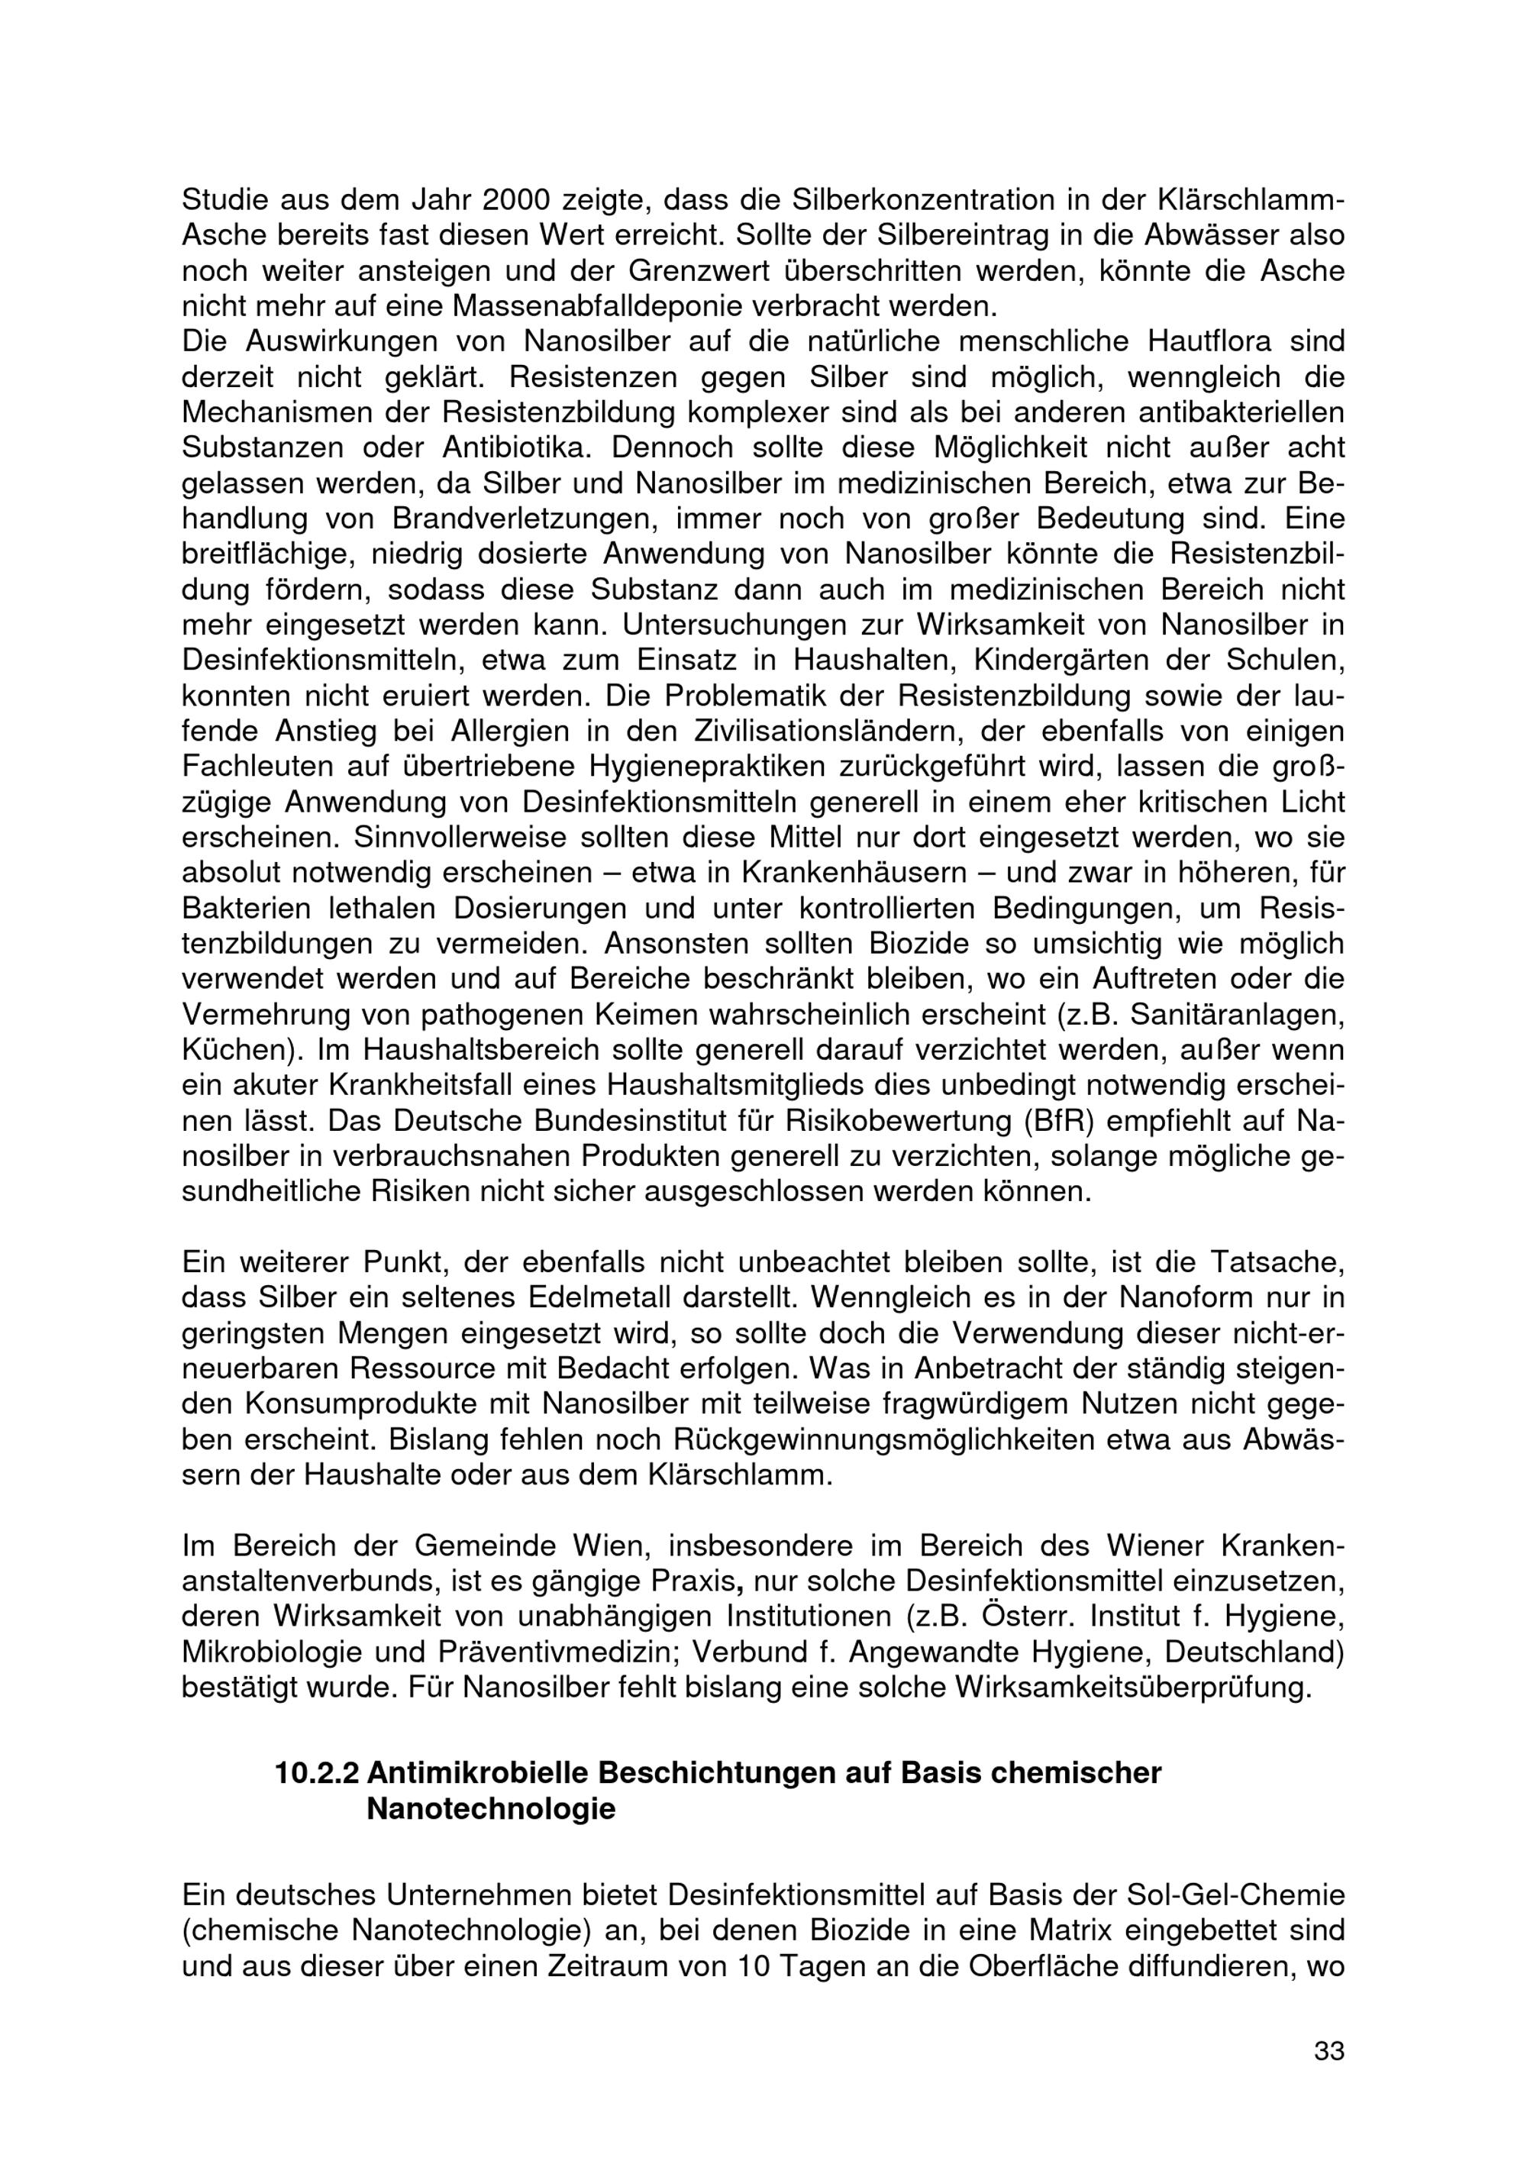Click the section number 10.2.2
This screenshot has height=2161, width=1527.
[316, 1773]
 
